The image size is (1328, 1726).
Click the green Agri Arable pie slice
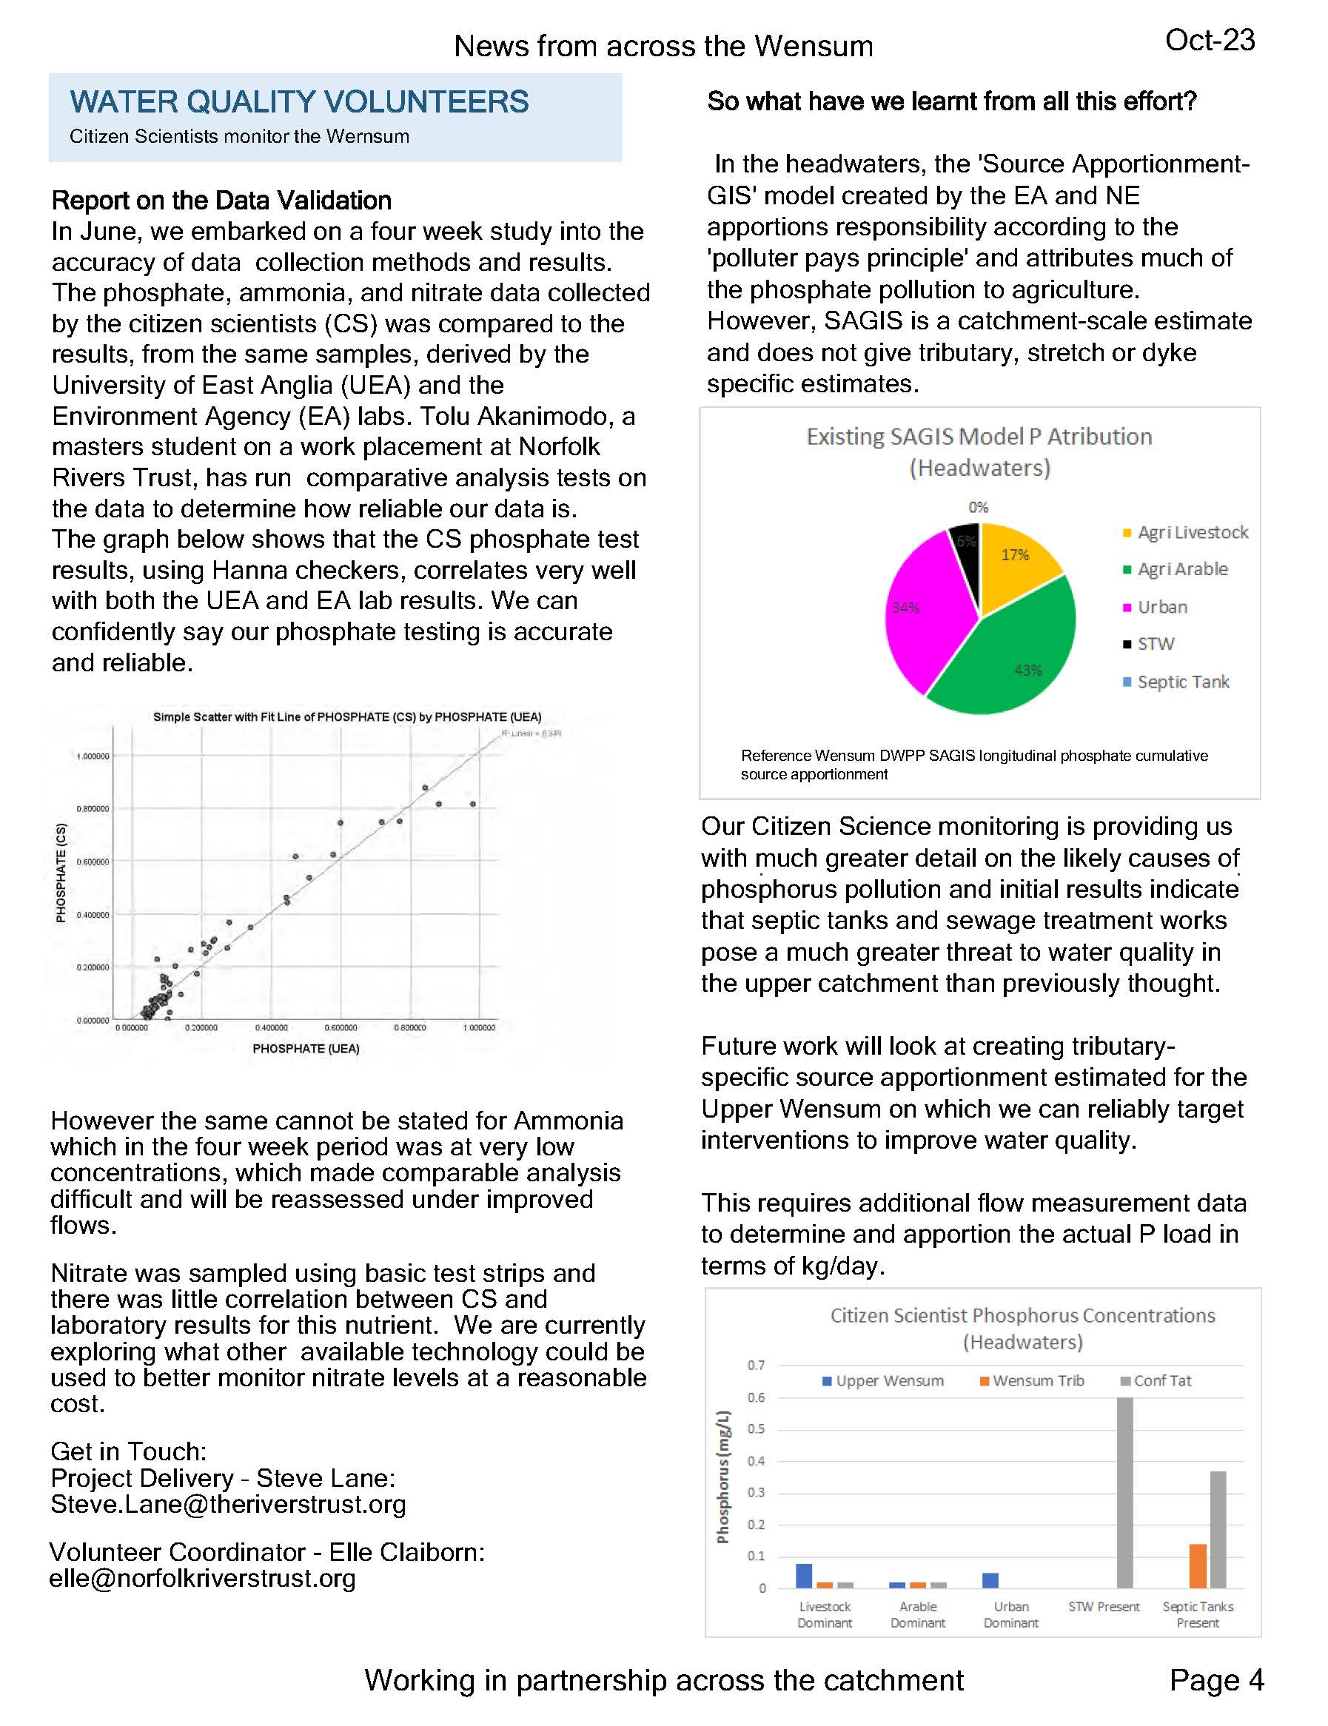(x=1008, y=656)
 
